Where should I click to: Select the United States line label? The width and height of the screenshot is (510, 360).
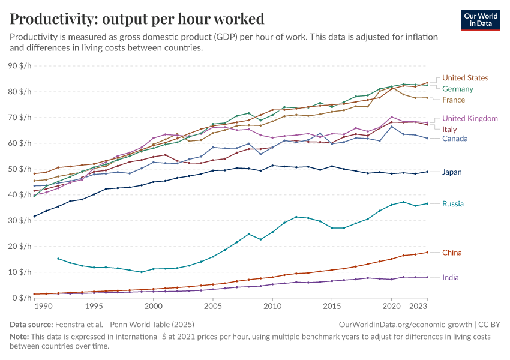465,78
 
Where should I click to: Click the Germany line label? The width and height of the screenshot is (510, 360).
458,89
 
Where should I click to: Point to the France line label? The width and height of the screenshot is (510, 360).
454,100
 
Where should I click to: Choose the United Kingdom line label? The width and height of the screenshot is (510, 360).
470,118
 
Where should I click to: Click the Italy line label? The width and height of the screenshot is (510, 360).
449,129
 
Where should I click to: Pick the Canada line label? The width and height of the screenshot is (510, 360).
455,139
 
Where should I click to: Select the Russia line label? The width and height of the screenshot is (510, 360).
453,204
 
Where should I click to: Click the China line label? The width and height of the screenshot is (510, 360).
452,253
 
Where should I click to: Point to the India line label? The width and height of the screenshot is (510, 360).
451,278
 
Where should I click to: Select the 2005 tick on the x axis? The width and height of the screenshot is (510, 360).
213,307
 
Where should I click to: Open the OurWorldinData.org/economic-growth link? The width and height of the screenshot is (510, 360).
403,325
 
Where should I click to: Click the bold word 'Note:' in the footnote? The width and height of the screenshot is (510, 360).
20,337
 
